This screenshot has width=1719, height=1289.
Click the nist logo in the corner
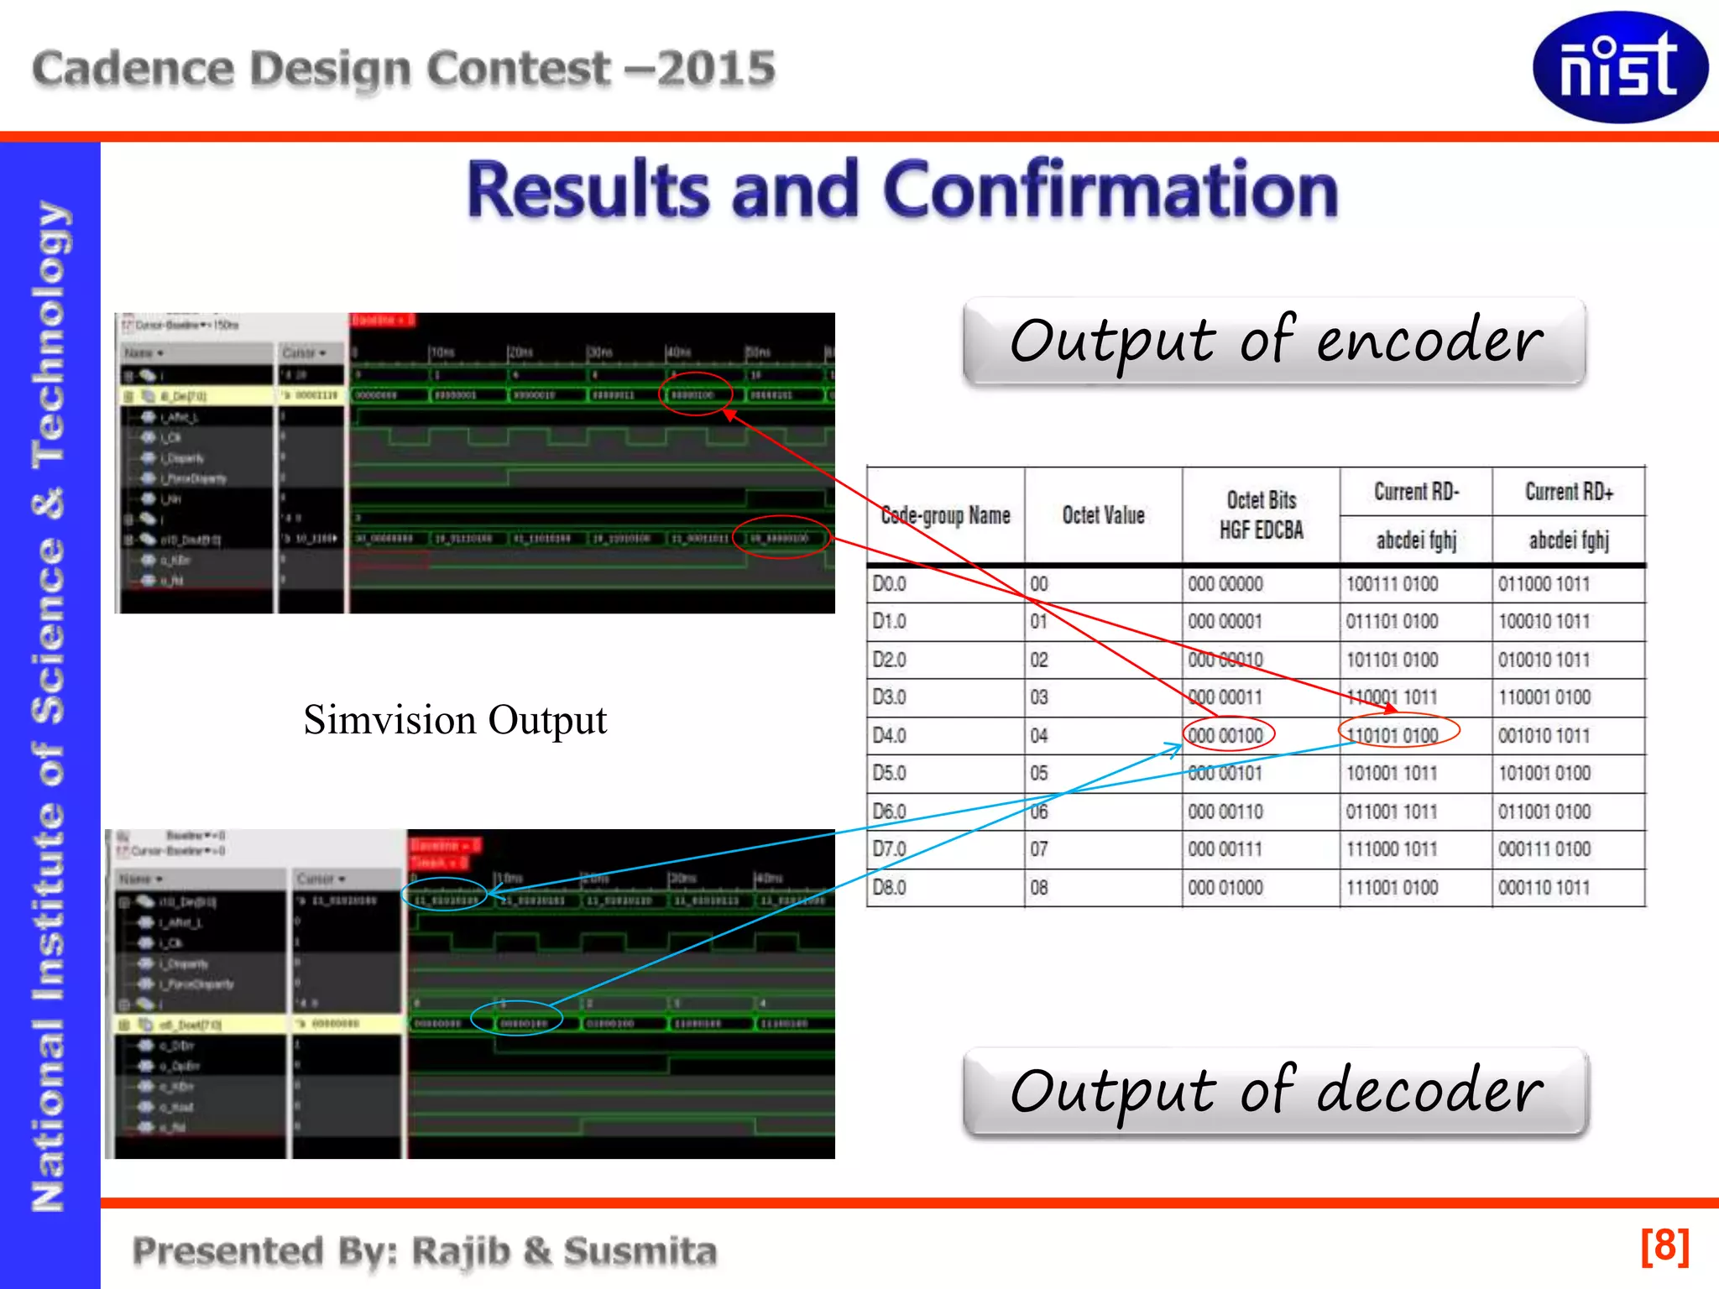pos(1619,67)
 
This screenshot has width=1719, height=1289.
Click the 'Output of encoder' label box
pos(1274,341)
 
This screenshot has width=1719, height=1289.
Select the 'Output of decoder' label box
pos(1276,1091)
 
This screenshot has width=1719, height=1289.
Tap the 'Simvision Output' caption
pos(455,720)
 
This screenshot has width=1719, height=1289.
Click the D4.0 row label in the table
pos(889,736)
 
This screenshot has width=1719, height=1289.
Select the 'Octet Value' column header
pos(1103,515)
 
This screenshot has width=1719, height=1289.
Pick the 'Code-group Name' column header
pos(945,515)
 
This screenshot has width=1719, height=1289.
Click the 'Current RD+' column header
pos(1569,492)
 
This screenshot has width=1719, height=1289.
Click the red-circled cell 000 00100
pos(1228,734)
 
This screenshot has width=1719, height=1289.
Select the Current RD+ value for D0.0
pos(1544,584)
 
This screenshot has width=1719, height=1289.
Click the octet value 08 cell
pos(1039,888)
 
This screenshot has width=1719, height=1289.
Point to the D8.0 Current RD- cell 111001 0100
pos(1392,888)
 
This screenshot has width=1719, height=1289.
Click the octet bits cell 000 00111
pos(1225,849)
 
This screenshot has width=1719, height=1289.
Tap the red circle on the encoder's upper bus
pos(695,394)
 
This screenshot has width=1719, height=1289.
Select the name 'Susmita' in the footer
pos(640,1251)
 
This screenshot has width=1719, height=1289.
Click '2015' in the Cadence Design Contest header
pos(715,68)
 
